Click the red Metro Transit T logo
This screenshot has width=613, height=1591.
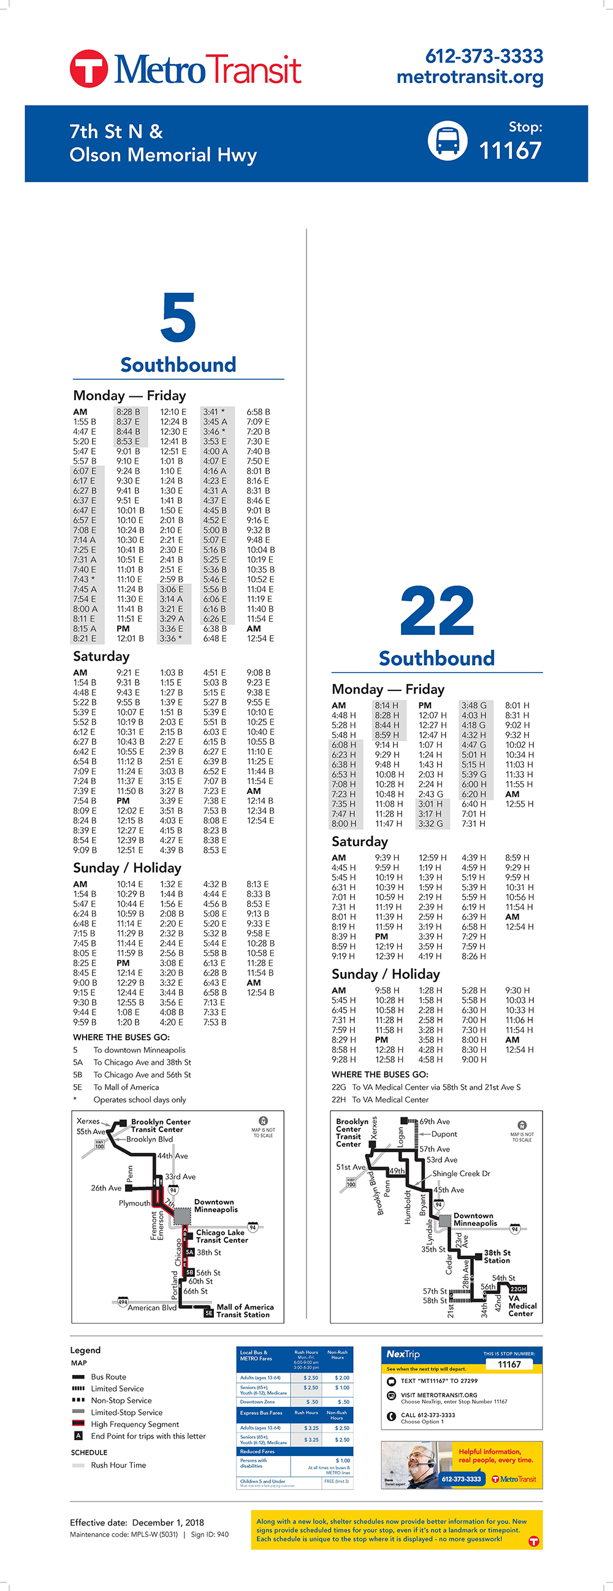89,69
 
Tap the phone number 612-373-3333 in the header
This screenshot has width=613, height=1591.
484,56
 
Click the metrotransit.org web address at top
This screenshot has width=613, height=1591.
470,77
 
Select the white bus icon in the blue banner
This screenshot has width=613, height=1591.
447,141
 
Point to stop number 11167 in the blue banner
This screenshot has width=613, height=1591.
510,150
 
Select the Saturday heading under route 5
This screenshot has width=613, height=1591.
101,656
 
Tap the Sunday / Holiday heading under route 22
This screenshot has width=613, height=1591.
385,974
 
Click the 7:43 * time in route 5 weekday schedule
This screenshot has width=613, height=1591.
85,579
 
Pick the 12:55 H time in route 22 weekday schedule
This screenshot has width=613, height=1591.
519,804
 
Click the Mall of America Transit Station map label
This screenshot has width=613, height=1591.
245,1311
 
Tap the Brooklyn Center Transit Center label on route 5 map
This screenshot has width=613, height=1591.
160,1125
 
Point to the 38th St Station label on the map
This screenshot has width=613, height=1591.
497,1256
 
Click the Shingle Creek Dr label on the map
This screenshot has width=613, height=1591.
460,1174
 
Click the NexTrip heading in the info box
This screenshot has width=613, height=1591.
403,1354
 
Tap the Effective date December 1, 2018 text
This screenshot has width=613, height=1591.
137,1522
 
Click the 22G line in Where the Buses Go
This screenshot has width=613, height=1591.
426,1087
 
